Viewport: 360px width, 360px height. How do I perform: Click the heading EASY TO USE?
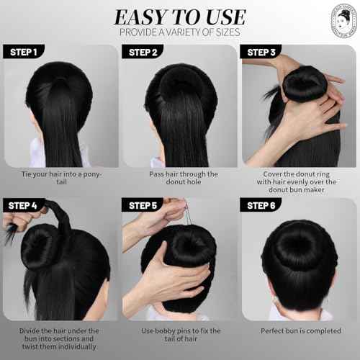coord(179,16)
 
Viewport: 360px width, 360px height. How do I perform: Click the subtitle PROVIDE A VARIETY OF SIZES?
coord(179,32)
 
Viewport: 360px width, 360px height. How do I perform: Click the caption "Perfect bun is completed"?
coord(298,331)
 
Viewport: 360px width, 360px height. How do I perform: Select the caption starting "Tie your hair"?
coord(60,179)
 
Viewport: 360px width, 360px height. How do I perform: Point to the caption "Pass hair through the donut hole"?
coord(179,179)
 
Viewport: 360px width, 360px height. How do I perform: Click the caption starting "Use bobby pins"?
coord(179,336)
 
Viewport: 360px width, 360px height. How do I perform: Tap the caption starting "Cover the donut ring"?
coord(298,183)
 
